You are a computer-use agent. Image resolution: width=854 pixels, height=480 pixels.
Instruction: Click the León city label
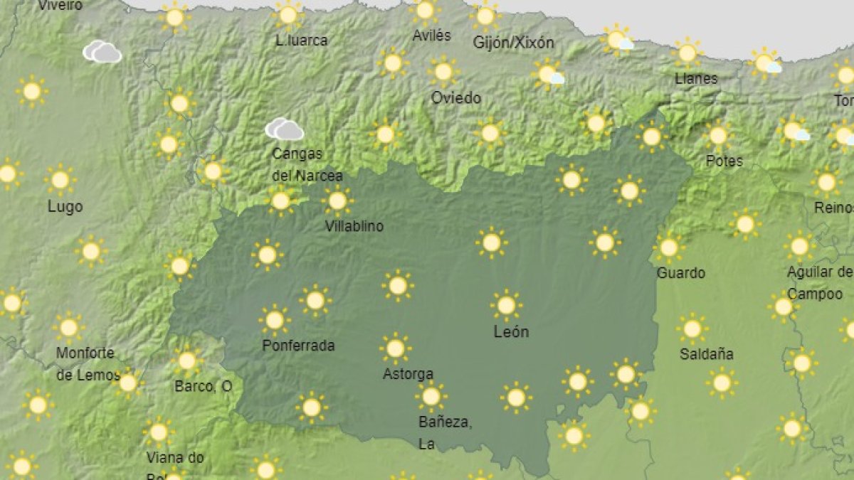(x=511, y=331)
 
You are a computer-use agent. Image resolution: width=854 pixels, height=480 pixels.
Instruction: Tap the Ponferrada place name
(x=298, y=346)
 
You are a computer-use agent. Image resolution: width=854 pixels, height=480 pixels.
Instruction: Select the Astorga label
(x=408, y=373)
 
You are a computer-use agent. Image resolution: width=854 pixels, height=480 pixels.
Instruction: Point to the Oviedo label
(x=455, y=98)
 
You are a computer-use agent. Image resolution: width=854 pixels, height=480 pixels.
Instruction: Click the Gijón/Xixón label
(x=513, y=43)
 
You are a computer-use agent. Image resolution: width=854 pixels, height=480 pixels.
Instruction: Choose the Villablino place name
(x=354, y=226)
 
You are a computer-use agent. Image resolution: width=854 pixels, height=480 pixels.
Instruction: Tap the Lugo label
(x=65, y=207)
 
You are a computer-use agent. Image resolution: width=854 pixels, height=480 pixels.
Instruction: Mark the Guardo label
(x=680, y=273)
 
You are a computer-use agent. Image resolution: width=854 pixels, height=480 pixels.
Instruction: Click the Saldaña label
(x=706, y=353)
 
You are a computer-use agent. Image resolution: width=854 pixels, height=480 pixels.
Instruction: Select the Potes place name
(x=724, y=161)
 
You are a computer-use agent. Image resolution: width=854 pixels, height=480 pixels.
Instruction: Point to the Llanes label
(x=696, y=78)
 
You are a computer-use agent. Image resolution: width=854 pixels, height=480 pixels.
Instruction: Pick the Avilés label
(x=431, y=35)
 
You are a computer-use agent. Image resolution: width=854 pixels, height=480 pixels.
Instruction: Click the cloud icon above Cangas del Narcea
(x=285, y=129)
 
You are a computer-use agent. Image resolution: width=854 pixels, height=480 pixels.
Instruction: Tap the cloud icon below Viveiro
(x=102, y=51)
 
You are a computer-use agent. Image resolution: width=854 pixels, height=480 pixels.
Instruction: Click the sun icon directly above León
(x=506, y=305)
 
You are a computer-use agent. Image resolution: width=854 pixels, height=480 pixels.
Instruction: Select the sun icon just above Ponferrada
(x=275, y=321)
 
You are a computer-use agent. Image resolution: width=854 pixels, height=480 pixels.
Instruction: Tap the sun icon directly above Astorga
(x=395, y=348)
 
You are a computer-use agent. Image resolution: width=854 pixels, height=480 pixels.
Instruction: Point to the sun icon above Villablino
(x=337, y=201)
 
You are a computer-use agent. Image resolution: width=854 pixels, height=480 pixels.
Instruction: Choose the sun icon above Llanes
(x=687, y=53)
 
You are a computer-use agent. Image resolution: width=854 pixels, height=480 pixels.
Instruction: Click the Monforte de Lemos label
(x=85, y=363)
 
